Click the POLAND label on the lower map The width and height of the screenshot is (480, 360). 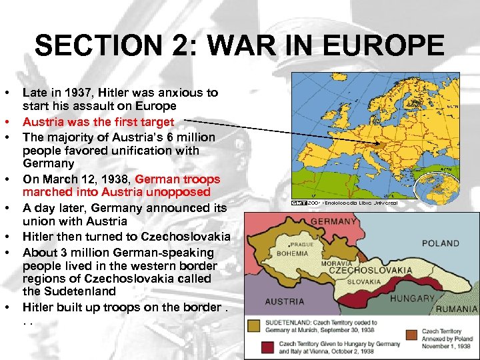click(440, 243)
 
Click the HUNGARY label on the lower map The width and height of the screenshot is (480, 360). click(412, 299)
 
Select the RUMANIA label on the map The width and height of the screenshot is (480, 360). click(458, 309)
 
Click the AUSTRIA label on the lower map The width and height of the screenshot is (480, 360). click(285, 301)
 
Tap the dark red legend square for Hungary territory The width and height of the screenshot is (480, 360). click(268, 346)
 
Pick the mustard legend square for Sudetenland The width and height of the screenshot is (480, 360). click(254, 325)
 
